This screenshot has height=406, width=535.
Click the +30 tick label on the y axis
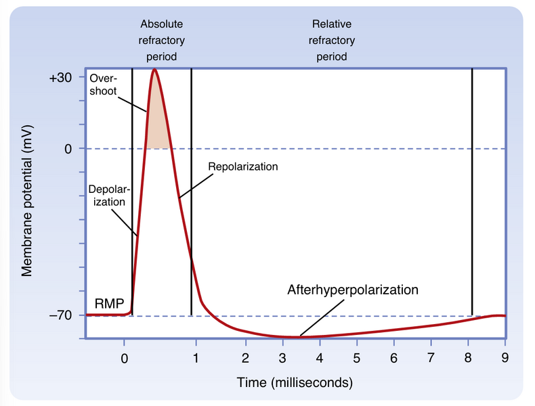[x=61, y=78]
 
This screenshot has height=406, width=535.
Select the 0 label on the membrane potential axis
[x=68, y=149]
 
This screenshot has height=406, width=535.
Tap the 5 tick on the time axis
[x=356, y=359]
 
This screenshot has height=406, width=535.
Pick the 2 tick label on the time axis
[x=246, y=359]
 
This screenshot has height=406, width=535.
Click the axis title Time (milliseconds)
[x=295, y=383]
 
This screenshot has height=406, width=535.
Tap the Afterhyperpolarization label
[x=353, y=290]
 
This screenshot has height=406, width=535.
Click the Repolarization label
[x=243, y=166]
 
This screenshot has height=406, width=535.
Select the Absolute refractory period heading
[x=160, y=41]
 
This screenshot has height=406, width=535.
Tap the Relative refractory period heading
[x=331, y=41]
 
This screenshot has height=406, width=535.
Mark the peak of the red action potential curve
[x=155, y=70]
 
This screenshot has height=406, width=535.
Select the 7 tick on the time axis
[x=431, y=359]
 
